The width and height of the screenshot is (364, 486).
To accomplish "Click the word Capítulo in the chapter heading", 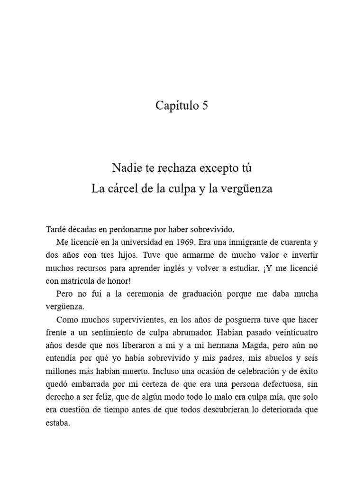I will [x=176, y=106].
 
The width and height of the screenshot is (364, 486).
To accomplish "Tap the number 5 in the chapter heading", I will [x=205, y=106].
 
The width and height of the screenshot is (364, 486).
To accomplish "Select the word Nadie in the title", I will [x=125, y=168].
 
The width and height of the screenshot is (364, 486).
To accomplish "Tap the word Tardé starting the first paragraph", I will [x=56, y=229].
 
